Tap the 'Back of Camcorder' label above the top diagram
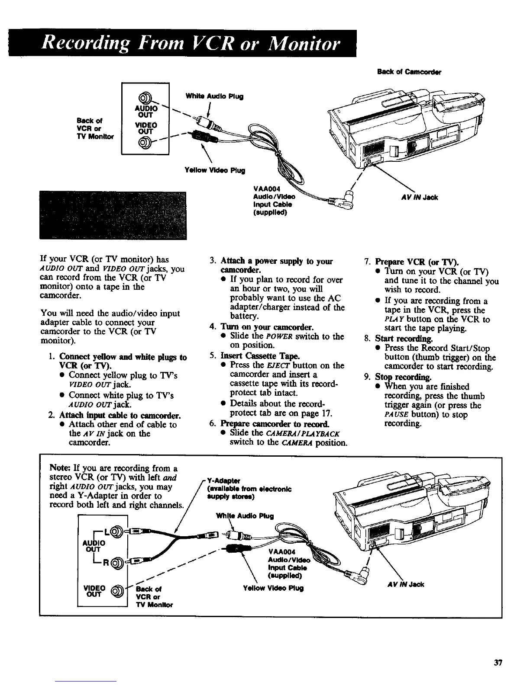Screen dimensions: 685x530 point(403,72)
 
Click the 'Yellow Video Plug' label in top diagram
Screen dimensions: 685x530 point(216,170)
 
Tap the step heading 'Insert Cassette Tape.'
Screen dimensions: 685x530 point(246,356)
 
